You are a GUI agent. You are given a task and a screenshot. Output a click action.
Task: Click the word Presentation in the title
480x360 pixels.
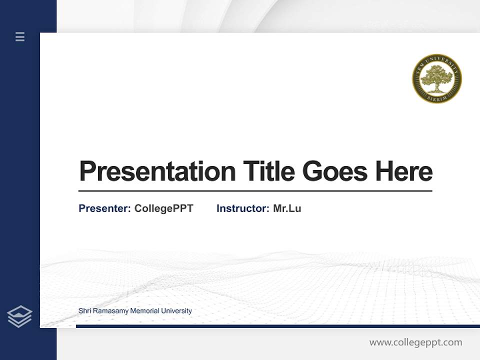click(157, 171)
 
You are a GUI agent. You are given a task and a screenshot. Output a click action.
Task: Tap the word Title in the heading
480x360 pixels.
click(268, 171)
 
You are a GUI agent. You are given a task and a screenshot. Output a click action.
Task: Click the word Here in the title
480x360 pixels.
click(404, 171)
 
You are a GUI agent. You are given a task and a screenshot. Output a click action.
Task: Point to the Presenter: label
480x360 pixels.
click(104, 208)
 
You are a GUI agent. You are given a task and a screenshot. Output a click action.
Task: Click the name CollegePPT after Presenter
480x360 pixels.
click(163, 208)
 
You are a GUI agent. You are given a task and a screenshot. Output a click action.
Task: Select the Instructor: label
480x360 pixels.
click(242, 208)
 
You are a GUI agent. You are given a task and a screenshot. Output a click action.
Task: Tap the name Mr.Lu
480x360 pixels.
click(287, 208)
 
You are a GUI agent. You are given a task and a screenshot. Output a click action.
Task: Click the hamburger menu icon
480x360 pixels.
click(20, 36)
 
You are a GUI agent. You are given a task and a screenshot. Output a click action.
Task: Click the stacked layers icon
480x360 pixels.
click(19, 316)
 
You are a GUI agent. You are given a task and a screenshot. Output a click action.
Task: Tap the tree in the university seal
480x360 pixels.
click(437, 78)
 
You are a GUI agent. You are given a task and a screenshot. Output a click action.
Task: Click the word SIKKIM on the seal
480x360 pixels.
click(437, 98)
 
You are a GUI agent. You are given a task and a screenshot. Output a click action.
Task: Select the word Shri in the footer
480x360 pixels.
click(85, 311)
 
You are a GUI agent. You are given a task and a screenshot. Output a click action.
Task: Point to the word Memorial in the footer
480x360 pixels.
click(145, 311)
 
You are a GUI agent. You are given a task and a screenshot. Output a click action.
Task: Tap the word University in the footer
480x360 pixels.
click(176, 311)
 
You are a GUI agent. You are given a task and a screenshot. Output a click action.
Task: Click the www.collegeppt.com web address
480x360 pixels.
click(415, 342)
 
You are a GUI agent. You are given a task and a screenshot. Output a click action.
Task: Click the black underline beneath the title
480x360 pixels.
click(255, 190)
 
